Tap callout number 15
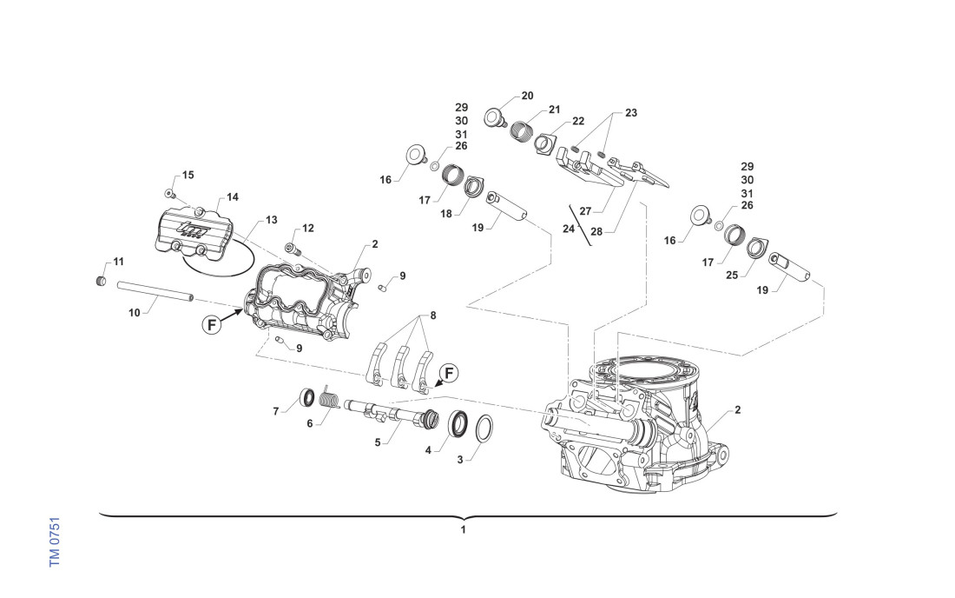pyautogui.click(x=188, y=176)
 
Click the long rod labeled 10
pyautogui.click(x=155, y=294)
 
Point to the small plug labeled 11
pyautogui.click(x=100, y=282)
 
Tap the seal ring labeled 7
pyautogui.click(x=306, y=397)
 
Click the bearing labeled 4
pyautogui.click(x=458, y=424)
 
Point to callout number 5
pyautogui.click(x=378, y=442)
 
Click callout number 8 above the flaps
pyautogui.click(x=433, y=315)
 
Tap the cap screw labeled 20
pyautogui.click(x=496, y=116)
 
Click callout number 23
pyautogui.click(x=631, y=113)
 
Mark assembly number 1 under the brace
pyautogui.click(x=464, y=528)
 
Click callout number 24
pyautogui.click(x=569, y=229)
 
